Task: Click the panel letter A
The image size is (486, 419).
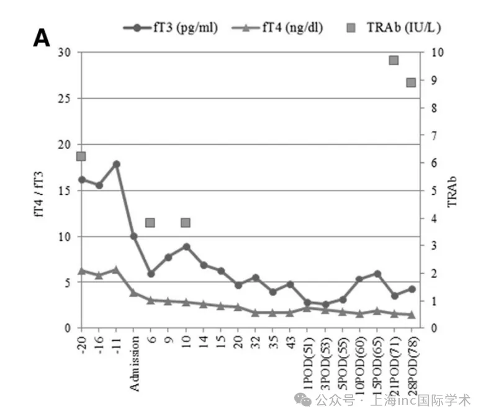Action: click(x=42, y=38)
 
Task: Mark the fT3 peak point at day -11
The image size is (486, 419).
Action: click(x=116, y=164)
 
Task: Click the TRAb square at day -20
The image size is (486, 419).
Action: click(x=81, y=156)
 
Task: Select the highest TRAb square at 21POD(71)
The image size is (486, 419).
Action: click(x=394, y=60)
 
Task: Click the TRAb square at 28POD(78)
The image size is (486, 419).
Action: click(x=411, y=83)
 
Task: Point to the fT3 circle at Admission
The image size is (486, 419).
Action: click(x=133, y=237)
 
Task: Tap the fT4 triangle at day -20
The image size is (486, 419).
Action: click(x=81, y=271)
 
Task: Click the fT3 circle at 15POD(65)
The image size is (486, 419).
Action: click(x=377, y=274)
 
